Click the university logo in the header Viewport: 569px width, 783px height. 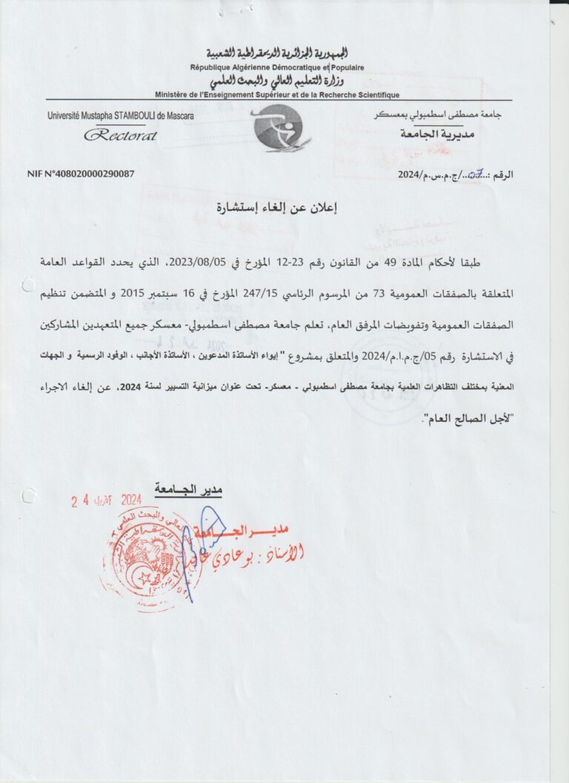[278, 128]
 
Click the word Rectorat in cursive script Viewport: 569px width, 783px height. [120, 135]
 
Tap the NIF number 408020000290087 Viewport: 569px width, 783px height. [81, 174]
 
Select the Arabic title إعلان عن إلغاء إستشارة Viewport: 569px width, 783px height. [276, 208]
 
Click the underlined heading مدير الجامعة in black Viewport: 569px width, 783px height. [188, 489]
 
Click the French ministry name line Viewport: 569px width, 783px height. [277, 95]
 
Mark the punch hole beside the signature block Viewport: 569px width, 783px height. [28, 496]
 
